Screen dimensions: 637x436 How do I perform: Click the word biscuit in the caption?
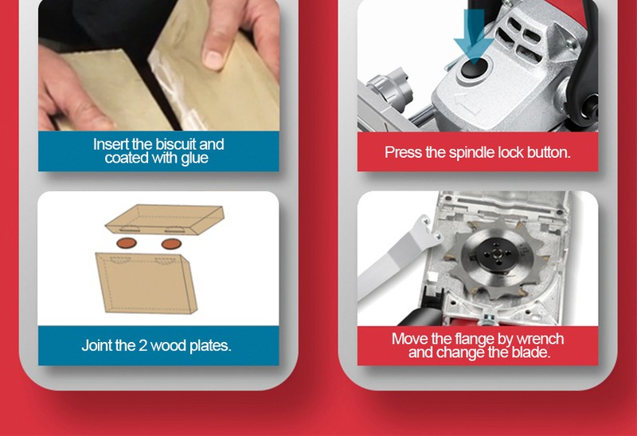(x=176, y=144)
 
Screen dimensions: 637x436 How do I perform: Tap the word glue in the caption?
(x=194, y=159)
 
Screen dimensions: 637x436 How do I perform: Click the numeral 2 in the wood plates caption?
(x=143, y=346)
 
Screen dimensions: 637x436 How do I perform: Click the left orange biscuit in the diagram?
(x=127, y=244)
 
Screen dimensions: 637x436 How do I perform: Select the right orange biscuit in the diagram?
(x=171, y=244)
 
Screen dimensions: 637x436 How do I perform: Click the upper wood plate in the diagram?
(x=165, y=220)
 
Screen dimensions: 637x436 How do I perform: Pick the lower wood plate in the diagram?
(x=147, y=283)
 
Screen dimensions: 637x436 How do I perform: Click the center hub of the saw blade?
(x=497, y=255)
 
